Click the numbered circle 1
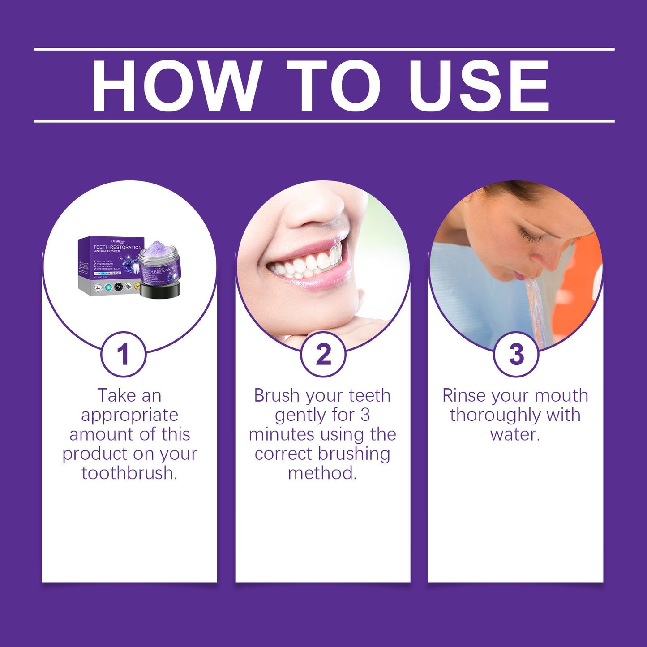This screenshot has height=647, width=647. pyautogui.click(x=123, y=354)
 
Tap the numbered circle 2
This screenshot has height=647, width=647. pyautogui.click(x=323, y=354)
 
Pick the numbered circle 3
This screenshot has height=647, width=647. pyautogui.click(x=516, y=354)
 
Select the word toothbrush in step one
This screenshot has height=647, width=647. pyautogui.click(x=129, y=473)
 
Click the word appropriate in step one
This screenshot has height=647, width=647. pyautogui.click(x=129, y=415)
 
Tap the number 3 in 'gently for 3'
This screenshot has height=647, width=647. pyautogui.click(x=365, y=415)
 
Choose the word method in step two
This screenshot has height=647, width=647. pyautogui.click(x=322, y=473)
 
